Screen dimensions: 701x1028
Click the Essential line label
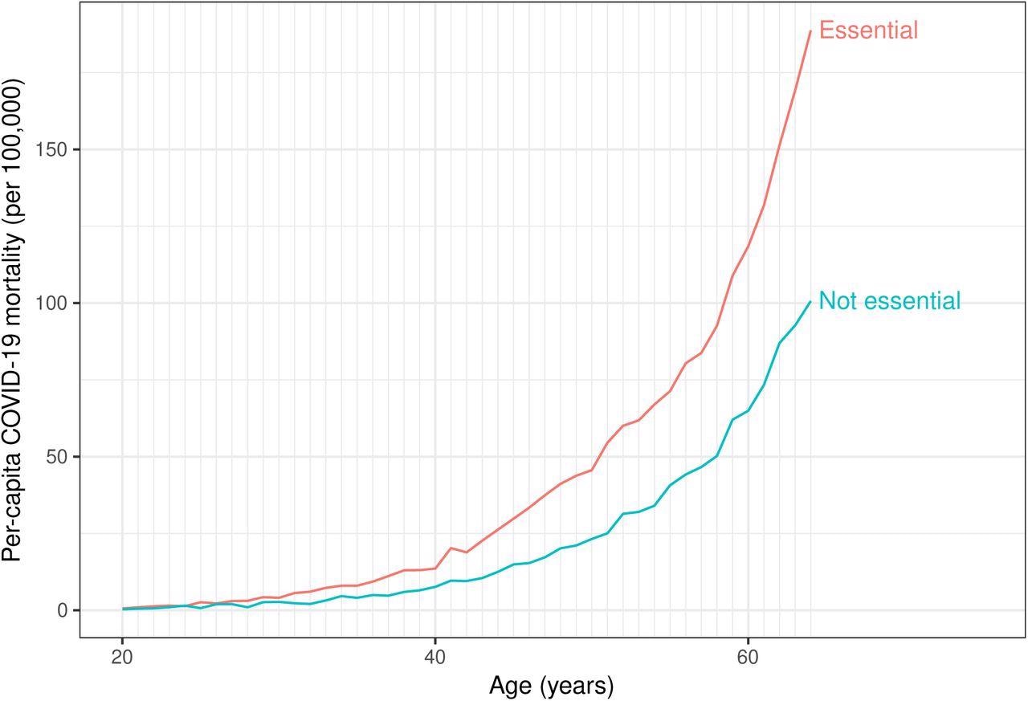[868, 31]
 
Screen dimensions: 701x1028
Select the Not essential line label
[889, 301]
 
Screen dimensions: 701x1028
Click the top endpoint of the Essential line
[810, 31]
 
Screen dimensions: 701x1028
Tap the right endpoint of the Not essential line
[810, 302]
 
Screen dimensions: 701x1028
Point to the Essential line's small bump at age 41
[451, 548]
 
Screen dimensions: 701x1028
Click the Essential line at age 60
[748, 246]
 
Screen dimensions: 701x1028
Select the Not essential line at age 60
[748, 410]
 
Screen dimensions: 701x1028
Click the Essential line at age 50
[591, 470]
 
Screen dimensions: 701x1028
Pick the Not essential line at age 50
[591, 539]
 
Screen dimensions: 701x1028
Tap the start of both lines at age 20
[122, 609]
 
